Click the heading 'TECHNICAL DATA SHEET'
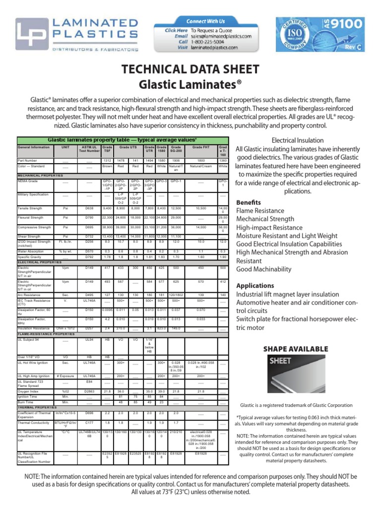190,69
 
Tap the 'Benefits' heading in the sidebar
248,202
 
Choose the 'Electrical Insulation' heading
298,140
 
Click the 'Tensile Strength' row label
31,208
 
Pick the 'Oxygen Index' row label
28,391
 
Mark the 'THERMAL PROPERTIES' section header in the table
39,407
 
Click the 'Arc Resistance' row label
29,295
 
